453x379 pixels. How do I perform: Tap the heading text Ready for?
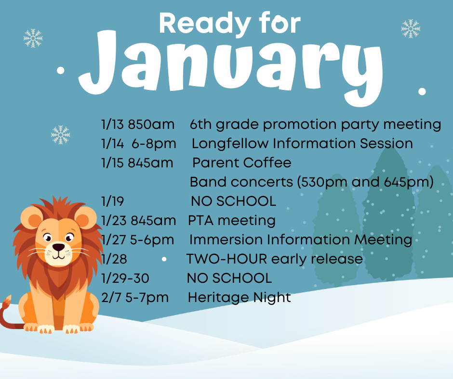229,24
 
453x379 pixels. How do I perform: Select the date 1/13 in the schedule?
113,125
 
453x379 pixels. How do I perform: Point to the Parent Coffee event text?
242,163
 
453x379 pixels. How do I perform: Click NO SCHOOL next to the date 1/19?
233,201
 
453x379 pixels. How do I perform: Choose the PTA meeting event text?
232,220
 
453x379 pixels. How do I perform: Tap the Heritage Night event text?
240,297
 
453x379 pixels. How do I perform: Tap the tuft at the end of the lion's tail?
7,302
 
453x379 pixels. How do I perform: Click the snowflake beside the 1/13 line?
61,135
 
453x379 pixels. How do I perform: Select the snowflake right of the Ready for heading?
411,28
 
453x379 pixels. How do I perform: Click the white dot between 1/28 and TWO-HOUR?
164,259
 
